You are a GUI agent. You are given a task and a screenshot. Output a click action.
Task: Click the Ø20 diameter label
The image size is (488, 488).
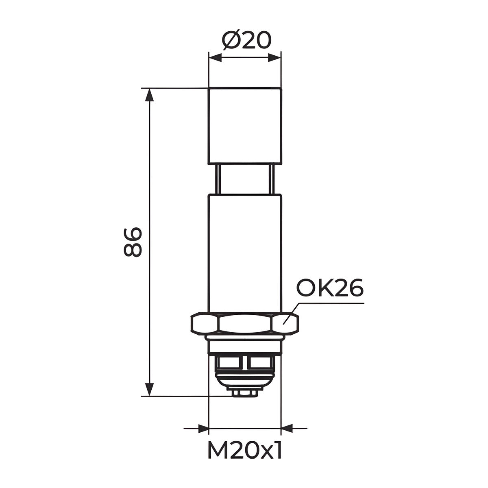[246, 41]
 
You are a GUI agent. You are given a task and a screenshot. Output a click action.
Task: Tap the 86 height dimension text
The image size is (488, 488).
[133, 242]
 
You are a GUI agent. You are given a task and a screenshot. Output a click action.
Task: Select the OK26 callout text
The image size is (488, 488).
[330, 288]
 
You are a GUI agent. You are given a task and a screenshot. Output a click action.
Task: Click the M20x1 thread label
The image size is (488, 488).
[245, 450]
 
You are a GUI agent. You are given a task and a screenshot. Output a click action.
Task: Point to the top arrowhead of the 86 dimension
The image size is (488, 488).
[150, 95]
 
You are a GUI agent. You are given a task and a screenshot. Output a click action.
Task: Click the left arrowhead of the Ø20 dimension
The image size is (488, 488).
[215, 58]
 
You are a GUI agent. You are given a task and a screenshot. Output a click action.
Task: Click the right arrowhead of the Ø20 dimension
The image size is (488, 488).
[274, 58]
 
